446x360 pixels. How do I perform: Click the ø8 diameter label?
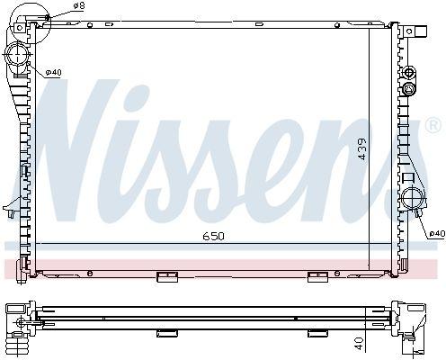[x=79, y=5]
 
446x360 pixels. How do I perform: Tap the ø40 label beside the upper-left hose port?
[x=53, y=72]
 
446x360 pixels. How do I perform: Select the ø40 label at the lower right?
[x=437, y=233]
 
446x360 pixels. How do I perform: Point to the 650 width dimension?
[x=213, y=237]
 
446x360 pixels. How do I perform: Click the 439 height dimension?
[x=362, y=148]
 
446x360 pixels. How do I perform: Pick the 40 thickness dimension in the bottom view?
[x=359, y=344]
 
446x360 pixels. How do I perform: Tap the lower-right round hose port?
[x=414, y=198]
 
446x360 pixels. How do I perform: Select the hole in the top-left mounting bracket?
[x=20, y=28]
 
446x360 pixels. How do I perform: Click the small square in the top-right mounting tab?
[x=409, y=31]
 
